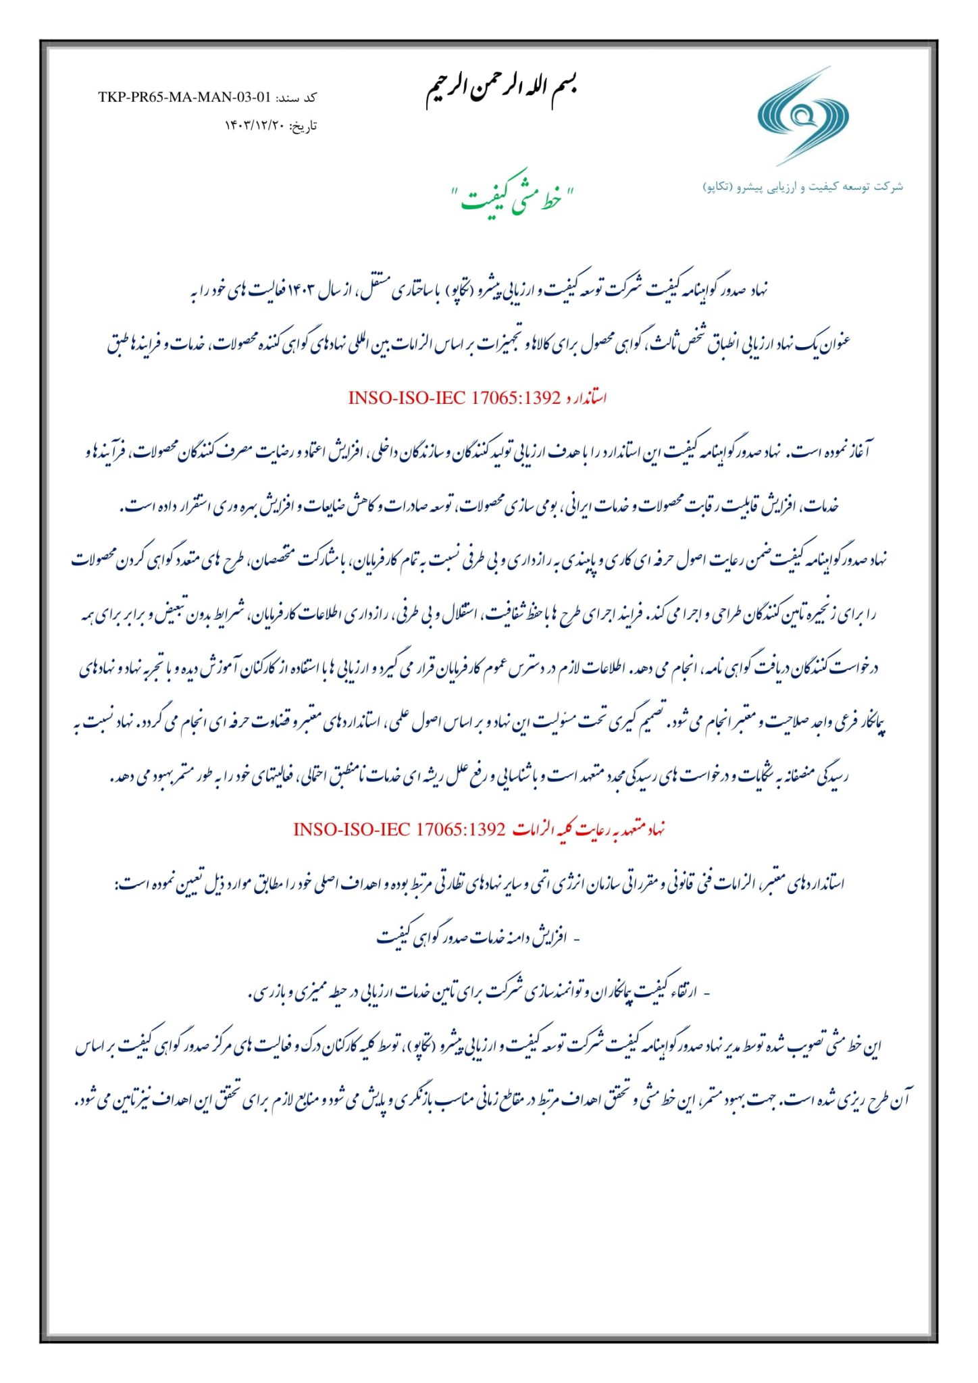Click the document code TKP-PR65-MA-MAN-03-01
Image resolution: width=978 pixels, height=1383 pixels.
click(184, 97)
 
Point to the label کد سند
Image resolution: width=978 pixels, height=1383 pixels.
click(296, 98)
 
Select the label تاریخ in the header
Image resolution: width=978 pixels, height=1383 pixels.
click(303, 126)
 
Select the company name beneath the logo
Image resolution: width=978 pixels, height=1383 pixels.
click(802, 186)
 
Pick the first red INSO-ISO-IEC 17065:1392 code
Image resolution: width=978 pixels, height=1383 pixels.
click(454, 398)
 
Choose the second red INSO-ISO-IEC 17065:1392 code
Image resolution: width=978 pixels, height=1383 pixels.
click(399, 829)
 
